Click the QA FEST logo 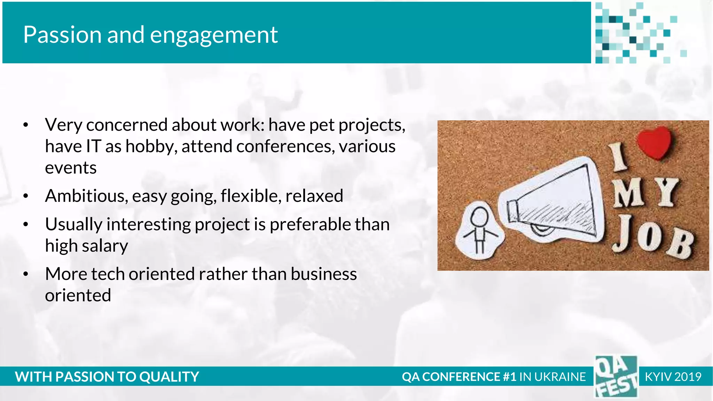click(616, 377)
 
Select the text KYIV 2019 click(673, 377)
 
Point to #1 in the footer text click(509, 377)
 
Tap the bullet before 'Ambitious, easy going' click(25, 196)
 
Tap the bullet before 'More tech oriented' click(25, 274)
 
